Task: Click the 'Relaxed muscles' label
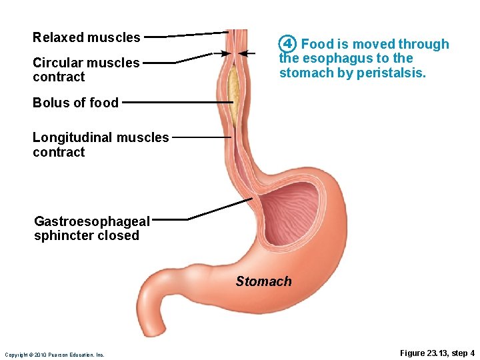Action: pyautogui.click(x=86, y=37)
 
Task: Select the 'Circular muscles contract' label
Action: pyautogui.click(x=86, y=69)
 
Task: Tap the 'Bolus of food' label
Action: pyautogui.click(x=75, y=103)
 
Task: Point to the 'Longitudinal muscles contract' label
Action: pyautogui.click(x=101, y=145)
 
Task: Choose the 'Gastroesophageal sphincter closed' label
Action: pyautogui.click(x=92, y=228)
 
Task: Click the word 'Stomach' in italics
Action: pyautogui.click(x=263, y=281)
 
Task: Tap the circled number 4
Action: pyautogui.click(x=287, y=44)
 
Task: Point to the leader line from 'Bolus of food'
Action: pyautogui.click(x=177, y=103)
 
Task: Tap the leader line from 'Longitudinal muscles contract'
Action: pyautogui.click(x=200, y=137)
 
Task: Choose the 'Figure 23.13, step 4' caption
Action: pyautogui.click(x=437, y=353)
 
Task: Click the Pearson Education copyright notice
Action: pyautogui.click(x=54, y=355)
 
